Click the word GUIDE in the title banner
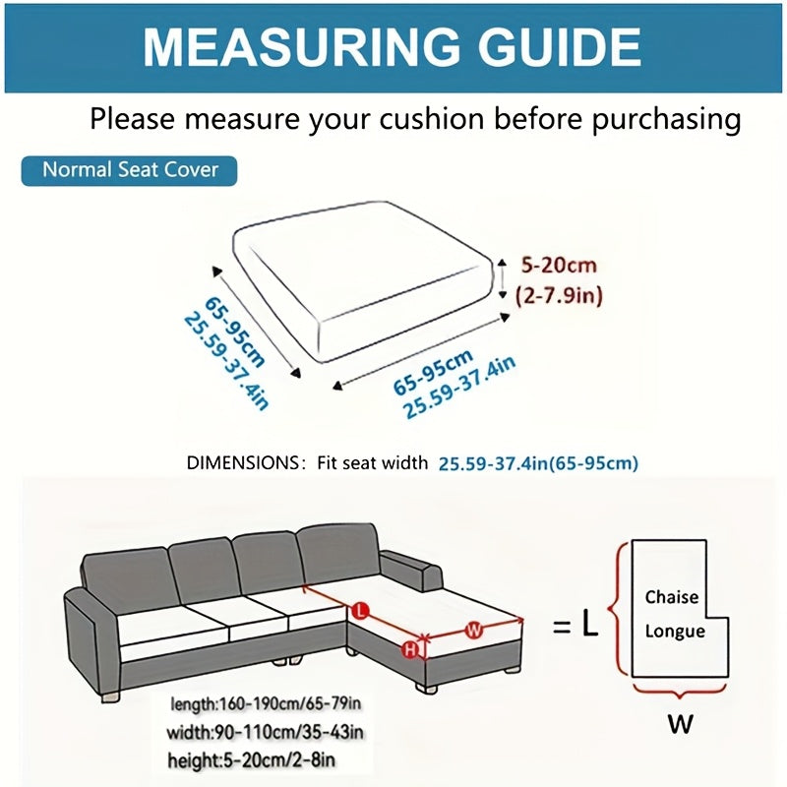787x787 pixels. tap(559, 46)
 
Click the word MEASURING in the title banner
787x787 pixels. tap(301, 46)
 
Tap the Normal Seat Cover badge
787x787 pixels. tap(129, 170)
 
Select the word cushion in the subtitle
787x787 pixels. tap(432, 119)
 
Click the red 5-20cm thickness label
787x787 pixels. tap(559, 265)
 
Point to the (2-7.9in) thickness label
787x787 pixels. tap(559, 295)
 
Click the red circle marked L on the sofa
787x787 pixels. tap(360, 611)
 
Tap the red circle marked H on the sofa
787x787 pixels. tap(410, 650)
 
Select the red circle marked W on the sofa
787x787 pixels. tap(473, 630)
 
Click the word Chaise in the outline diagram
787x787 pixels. tap(672, 597)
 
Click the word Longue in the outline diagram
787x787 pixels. tap(675, 632)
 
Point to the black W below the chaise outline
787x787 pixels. tap(680, 723)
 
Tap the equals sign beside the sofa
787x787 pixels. tap(562, 627)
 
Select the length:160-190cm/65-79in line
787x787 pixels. tap(266, 703)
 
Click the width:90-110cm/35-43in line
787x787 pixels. tap(265, 732)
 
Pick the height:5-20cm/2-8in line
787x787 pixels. tap(251, 760)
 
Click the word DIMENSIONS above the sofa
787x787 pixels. tap(242, 462)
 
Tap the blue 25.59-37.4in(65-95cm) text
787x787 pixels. tap(538, 463)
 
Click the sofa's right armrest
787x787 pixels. tap(411, 571)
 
